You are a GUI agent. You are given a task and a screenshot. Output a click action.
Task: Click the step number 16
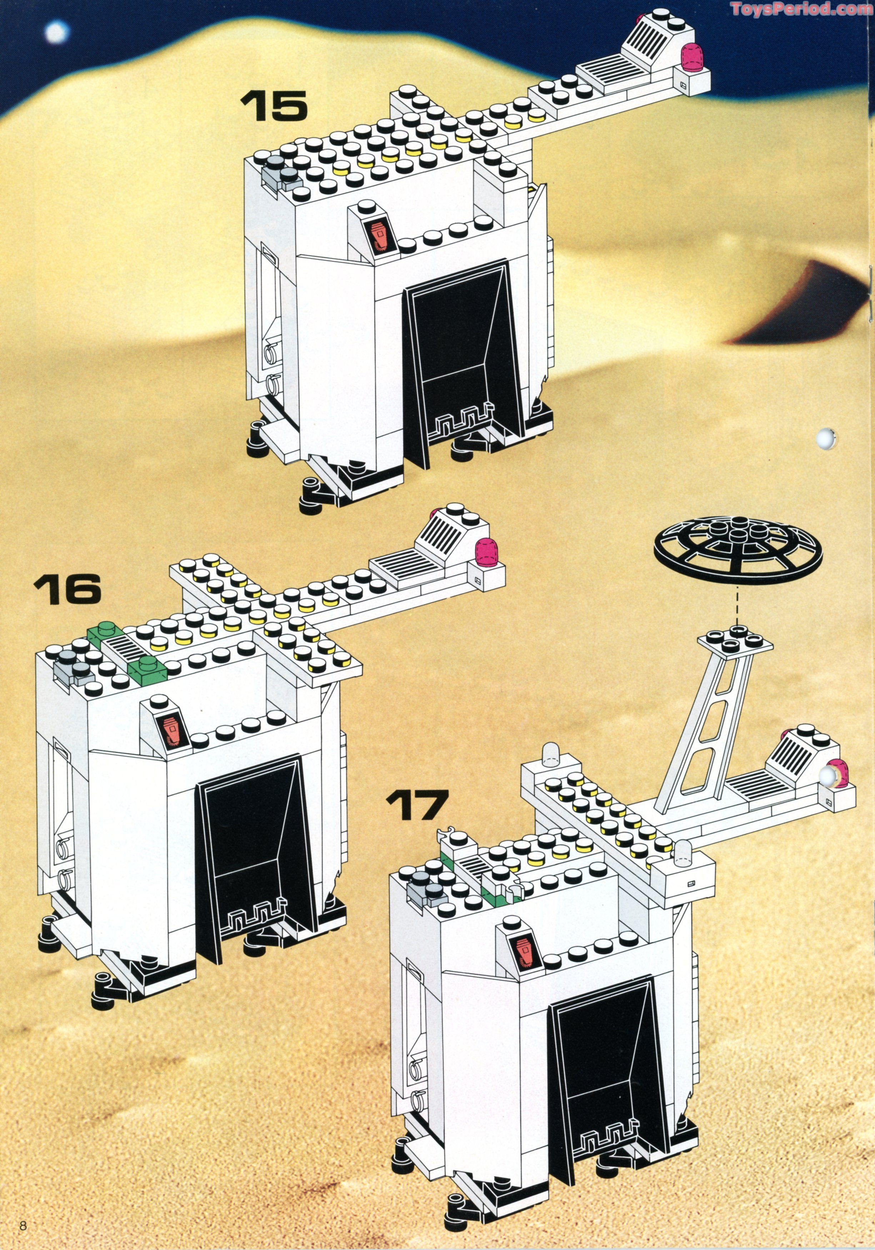pyautogui.click(x=67, y=589)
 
